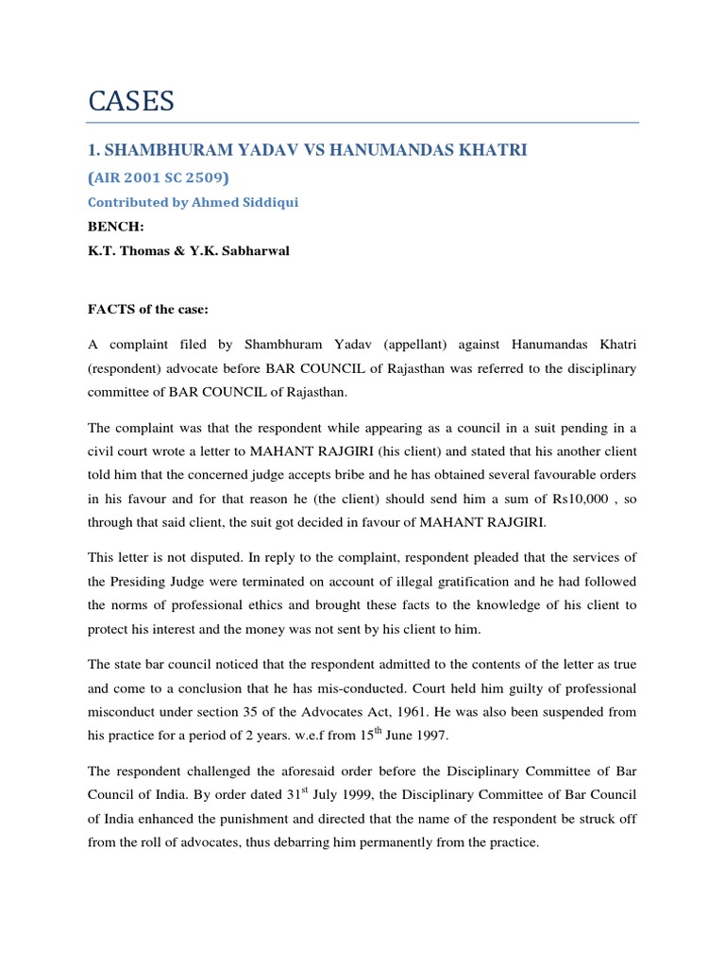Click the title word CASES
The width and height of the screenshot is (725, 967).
(x=131, y=101)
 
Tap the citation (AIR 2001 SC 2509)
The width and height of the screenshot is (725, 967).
(x=156, y=178)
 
